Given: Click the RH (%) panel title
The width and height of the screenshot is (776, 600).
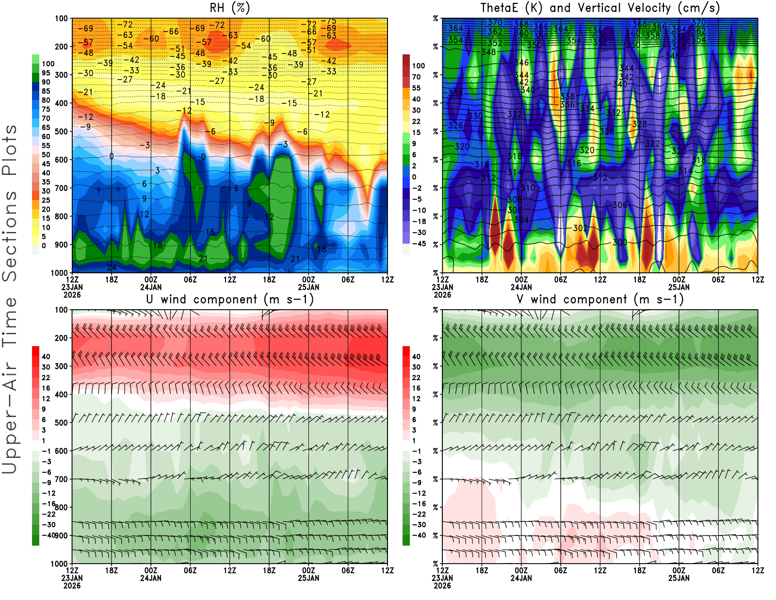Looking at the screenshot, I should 230,8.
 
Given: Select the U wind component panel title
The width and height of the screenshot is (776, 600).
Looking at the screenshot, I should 230,299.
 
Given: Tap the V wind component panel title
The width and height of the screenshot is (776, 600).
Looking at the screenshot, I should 600,299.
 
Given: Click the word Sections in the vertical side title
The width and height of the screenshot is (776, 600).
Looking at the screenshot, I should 10,235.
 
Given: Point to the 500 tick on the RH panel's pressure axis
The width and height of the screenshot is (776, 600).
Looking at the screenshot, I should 62,131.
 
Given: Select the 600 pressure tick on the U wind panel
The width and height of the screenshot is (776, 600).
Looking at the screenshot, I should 62,450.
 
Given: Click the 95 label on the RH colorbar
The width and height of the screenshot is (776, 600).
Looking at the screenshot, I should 46,73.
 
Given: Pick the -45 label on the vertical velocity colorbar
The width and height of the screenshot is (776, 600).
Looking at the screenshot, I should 419,244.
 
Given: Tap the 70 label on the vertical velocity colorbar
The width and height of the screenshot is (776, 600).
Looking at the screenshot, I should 416,77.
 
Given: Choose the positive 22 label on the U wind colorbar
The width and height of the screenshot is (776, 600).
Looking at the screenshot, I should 46,377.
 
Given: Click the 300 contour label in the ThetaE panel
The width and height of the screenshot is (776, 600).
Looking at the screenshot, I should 620,242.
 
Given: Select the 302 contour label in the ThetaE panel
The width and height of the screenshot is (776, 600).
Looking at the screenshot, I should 580,228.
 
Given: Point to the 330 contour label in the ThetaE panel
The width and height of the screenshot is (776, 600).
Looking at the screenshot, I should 475,116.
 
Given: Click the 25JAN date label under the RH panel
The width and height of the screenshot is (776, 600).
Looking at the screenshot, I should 309,287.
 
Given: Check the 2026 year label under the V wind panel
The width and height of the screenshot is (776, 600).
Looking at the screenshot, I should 442,585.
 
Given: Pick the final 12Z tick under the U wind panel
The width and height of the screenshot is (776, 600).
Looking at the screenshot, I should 388,570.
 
